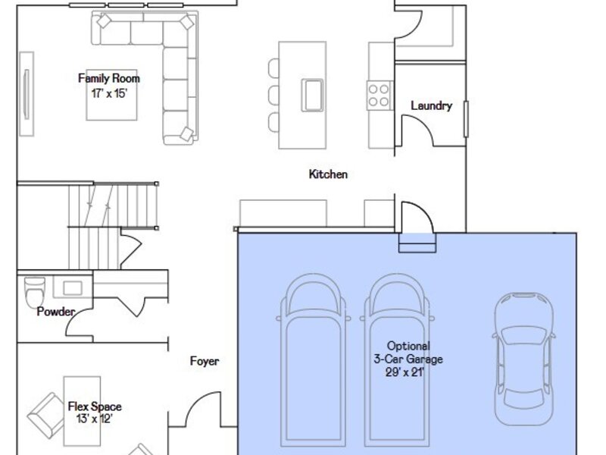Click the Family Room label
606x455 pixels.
pyautogui.click(x=109, y=79)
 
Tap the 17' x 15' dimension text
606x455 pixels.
pyautogui.click(x=109, y=93)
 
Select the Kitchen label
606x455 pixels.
pyautogui.click(x=328, y=174)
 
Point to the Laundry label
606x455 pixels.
pyautogui.click(x=431, y=105)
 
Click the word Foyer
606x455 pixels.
pyautogui.click(x=205, y=362)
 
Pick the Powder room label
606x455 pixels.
pyautogui.click(x=55, y=312)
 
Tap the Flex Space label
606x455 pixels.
pyautogui.click(x=95, y=406)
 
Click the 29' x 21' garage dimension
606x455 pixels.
pyautogui.click(x=405, y=372)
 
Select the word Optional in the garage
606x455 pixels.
pyautogui.click(x=408, y=346)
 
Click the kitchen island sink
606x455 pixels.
pyautogui.click(x=312, y=96)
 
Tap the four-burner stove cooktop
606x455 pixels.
pyautogui.click(x=379, y=96)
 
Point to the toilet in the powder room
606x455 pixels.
pyautogui.click(x=34, y=292)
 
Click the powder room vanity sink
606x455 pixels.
pyautogui.click(x=73, y=288)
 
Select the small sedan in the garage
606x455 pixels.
pyautogui.click(x=524, y=359)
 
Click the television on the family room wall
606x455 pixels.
pyautogui.click(x=27, y=94)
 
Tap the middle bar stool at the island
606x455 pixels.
pyautogui.click(x=273, y=96)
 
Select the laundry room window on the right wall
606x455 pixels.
pyautogui.click(x=466, y=119)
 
